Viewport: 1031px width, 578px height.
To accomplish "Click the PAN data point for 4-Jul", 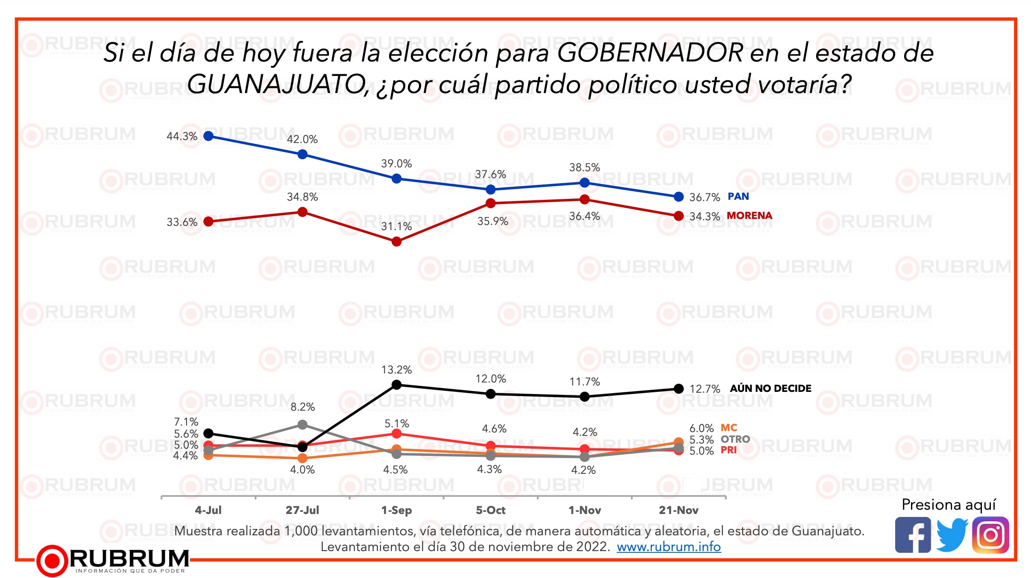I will pos(208,136).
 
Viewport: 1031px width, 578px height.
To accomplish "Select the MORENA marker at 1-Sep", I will pos(396,242).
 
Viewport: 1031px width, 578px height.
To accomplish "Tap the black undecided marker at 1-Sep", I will pos(396,385).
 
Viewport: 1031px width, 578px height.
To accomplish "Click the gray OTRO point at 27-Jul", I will pos(302,424).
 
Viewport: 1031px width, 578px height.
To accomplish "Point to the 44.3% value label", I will pos(182,136).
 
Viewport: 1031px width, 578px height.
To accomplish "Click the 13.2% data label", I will pos(396,370).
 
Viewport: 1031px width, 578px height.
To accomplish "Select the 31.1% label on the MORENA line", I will pos(396,226).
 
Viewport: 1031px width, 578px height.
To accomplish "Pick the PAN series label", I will pos(738,196).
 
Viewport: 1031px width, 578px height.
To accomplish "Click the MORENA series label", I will pos(750,216).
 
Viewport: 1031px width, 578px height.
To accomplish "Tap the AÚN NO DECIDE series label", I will pos(770,388).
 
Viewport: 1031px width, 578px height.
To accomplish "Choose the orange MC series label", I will pos(729,428).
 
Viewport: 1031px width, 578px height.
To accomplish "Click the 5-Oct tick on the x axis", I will pos(490,510).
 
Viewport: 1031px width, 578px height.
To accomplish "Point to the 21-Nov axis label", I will pos(678,510).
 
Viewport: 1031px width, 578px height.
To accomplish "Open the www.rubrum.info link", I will pos(668,547).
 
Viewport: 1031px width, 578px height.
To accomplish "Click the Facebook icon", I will pos(913,535).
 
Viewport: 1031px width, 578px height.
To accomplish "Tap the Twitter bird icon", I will pos(952,535).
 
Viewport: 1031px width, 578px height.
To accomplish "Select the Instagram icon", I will pos(990,535).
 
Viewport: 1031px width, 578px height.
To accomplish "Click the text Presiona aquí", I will pos(949,505).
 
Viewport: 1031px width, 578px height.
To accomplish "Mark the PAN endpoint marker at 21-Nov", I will pos(678,197).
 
